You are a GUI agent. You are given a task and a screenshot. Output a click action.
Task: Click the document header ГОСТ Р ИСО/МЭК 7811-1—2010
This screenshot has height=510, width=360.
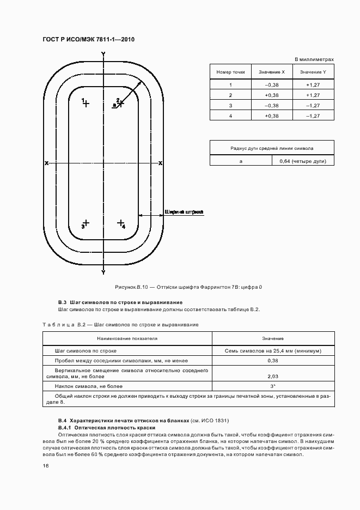click(88, 40)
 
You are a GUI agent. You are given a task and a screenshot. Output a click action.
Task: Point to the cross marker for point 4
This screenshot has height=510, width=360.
click(120, 222)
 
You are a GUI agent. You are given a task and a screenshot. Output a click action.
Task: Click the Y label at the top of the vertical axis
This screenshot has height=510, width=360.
click(103, 53)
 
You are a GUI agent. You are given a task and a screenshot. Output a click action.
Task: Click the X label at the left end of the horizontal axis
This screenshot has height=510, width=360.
click(47, 163)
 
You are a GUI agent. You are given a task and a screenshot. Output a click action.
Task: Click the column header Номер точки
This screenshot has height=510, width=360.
click(230, 72)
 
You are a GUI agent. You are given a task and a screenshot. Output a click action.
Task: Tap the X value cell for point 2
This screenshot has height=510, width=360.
click(271, 95)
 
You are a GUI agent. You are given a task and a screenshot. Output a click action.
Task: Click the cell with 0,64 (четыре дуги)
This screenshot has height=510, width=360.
click(303, 161)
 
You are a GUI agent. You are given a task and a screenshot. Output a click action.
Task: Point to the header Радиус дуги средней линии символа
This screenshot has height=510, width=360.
click(272, 148)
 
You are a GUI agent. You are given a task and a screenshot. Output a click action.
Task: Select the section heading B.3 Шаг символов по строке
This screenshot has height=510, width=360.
click(120, 302)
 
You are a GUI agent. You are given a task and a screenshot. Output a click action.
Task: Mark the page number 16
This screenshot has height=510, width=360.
click(46, 466)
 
